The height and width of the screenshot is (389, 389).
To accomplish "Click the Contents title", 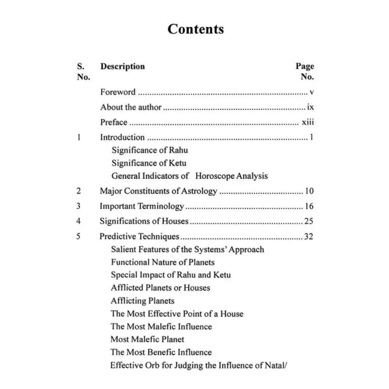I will [x=195, y=29].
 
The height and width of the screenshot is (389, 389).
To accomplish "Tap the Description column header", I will [x=122, y=66].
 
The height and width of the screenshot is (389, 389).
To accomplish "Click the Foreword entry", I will [x=118, y=91].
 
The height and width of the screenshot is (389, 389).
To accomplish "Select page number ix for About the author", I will [x=311, y=107].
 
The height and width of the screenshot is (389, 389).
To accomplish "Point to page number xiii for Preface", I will [x=308, y=122].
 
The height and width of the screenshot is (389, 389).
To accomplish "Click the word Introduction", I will [x=122, y=138].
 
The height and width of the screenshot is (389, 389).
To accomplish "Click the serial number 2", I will [x=78, y=191].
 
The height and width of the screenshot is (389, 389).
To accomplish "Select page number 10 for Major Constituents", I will [x=309, y=191].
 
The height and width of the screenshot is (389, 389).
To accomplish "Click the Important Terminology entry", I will [x=142, y=206].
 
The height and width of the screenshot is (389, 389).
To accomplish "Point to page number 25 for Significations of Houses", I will [x=309, y=222].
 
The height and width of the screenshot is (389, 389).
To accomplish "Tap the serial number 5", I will [x=78, y=237].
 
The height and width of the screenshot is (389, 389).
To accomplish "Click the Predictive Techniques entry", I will [x=140, y=237].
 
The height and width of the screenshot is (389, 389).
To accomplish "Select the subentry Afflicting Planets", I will [x=142, y=301].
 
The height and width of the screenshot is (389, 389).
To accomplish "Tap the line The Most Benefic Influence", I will [x=161, y=352].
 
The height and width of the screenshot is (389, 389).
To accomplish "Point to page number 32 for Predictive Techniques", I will [x=309, y=237].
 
